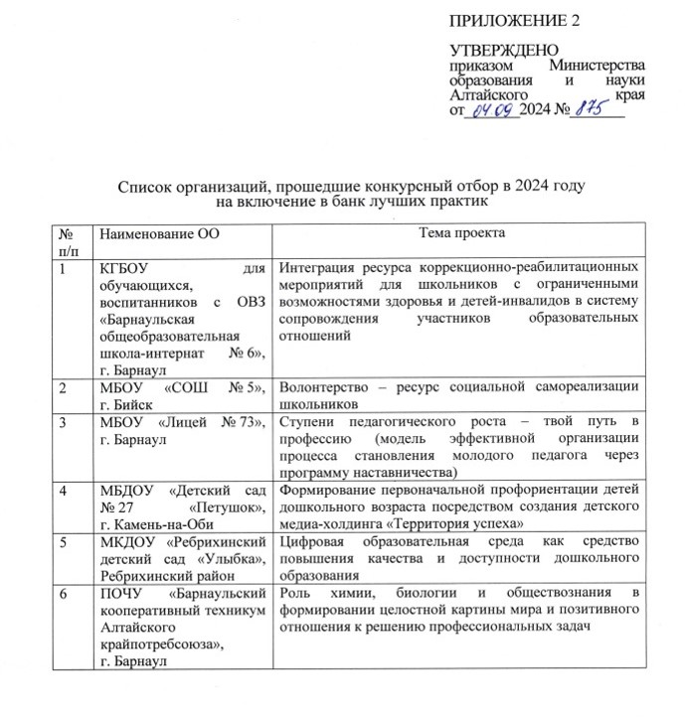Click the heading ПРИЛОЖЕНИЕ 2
tap(514, 21)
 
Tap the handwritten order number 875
tap(584, 109)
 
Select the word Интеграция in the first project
tap(319, 267)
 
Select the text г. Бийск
tap(115, 405)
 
